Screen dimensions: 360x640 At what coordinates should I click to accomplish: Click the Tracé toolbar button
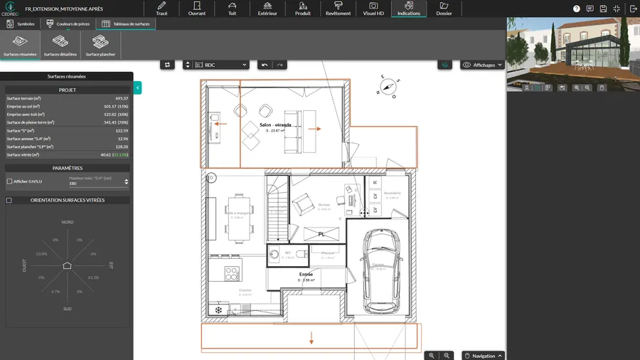tap(161, 9)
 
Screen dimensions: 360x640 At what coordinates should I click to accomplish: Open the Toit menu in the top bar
tap(233, 9)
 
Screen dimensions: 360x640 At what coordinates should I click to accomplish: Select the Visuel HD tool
tap(373, 9)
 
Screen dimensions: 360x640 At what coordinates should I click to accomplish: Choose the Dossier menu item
tap(444, 9)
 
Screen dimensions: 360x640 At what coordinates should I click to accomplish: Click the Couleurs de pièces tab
tap(69, 23)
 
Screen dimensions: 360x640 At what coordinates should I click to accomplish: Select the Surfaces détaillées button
tap(60, 46)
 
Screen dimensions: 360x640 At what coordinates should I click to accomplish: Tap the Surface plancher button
tap(101, 46)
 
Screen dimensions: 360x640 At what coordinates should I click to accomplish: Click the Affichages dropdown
tap(483, 65)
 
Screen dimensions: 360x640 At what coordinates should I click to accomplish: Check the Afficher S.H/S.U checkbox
tap(9, 181)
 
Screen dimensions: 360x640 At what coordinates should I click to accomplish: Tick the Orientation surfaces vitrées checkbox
tap(9, 201)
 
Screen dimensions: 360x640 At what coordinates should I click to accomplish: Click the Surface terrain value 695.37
tap(122, 98)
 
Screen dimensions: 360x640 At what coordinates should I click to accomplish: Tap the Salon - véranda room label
tap(275, 125)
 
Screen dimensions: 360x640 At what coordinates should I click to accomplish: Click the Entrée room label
tap(306, 274)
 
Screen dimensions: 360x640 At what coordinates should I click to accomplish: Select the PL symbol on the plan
tap(321, 233)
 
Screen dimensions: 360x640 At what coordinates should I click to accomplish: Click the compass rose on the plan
tap(388, 85)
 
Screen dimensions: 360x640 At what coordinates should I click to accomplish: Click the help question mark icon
tap(576, 9)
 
